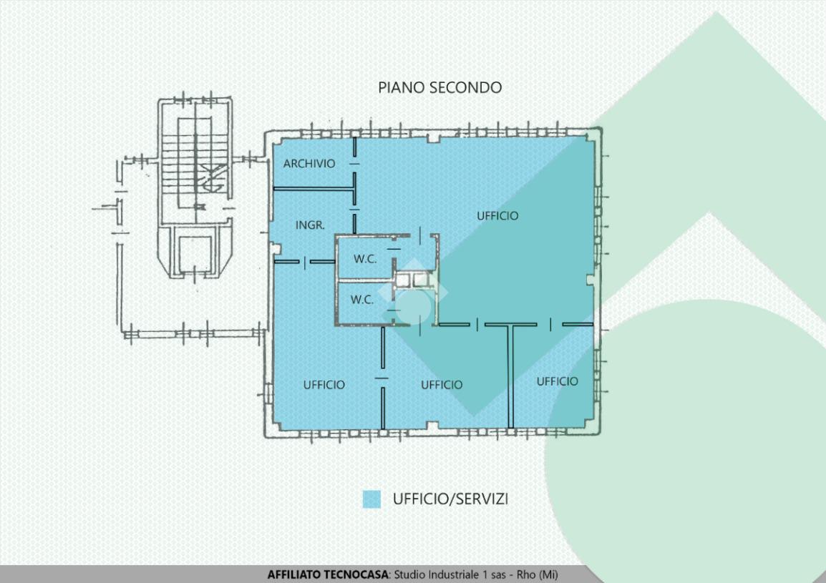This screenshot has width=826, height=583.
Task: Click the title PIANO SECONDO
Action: point(440,87)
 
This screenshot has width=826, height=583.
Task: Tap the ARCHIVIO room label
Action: point(309,164)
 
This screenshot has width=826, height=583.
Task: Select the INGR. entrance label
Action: point(310,225)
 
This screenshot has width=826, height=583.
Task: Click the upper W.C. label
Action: point(365,259)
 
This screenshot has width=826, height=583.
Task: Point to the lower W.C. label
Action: point(362,300)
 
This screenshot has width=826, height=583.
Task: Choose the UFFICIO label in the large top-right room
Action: point(497,216)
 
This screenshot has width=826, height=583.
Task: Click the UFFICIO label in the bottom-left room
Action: point(324,385)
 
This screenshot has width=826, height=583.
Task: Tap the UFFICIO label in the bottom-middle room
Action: point(442,385)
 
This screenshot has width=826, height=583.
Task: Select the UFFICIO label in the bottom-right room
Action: point(558,381)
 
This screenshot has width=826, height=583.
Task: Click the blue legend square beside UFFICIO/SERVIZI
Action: point(371,499)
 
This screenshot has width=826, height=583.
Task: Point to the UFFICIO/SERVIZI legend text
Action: point(450,499)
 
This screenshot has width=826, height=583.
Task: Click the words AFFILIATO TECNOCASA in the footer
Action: point(328,574)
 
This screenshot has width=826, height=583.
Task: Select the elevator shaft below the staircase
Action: point(195,254)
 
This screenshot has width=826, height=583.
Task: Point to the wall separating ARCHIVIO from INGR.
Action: point(314,188)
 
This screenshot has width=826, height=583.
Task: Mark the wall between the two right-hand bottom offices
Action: point(510,376)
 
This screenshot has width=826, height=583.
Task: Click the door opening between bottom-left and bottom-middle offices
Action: point(382,378)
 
